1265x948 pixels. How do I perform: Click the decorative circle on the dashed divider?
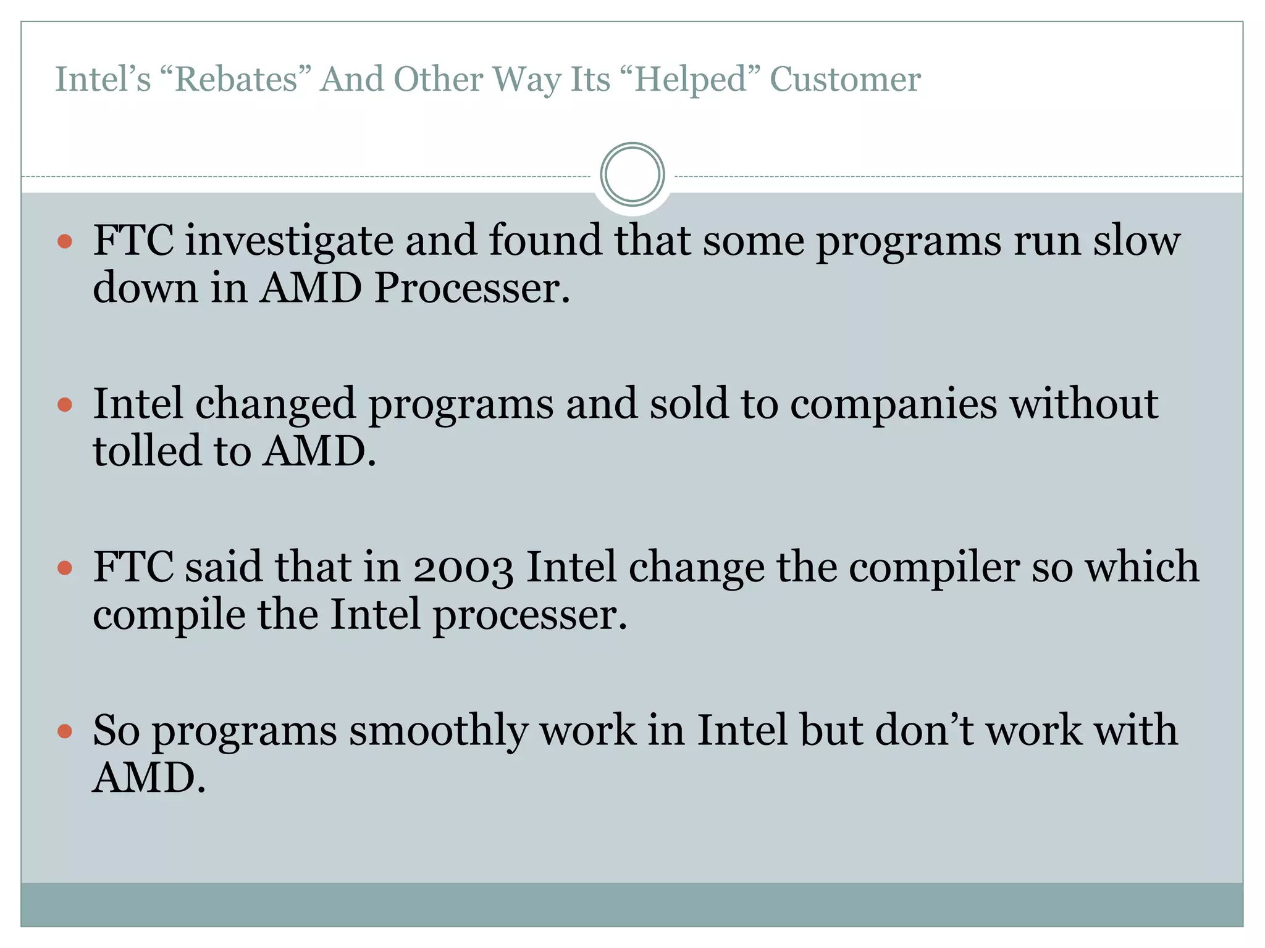tap(632, 175)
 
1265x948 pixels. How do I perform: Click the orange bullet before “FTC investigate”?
tap(65, 241)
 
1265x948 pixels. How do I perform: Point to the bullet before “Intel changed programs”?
tap(65, 405)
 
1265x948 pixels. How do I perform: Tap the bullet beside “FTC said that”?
tap(65, 568)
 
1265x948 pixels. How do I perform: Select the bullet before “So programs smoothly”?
tap(65, 732)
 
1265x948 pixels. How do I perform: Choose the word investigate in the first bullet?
tap(289, 241)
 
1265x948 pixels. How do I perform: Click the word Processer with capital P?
tap(472, 288)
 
